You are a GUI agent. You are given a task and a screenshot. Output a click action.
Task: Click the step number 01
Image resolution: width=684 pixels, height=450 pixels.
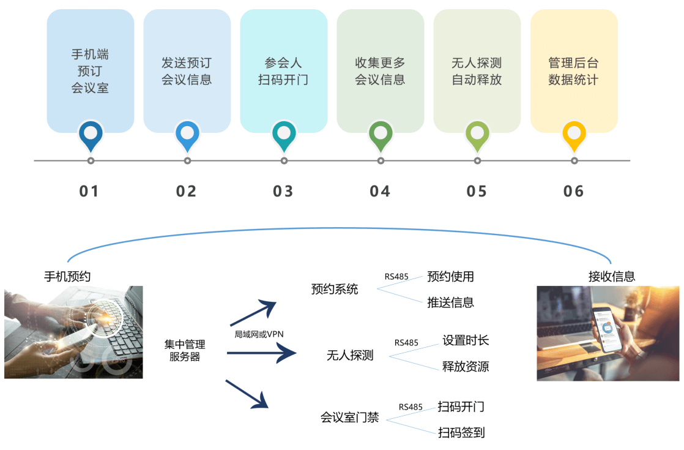[x=89, y=192]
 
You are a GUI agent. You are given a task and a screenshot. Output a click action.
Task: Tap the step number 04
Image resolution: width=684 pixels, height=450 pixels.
[x=380, y=192]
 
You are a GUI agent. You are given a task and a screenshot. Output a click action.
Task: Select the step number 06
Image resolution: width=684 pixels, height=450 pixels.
[x=574, y=192]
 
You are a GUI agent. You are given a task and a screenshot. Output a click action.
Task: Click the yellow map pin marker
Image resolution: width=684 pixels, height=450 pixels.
[x=574, y=135]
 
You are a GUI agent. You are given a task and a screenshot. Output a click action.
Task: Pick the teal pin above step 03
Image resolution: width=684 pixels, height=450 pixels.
[x=284, y=135]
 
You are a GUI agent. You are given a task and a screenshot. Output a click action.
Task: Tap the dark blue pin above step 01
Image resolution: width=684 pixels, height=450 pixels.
[x=91, y=135]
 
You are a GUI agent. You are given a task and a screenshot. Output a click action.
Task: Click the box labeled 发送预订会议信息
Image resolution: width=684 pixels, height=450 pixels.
[x=187, y=71]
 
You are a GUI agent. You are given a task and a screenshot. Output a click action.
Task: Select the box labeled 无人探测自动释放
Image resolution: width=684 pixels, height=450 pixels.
[x=477, y=71]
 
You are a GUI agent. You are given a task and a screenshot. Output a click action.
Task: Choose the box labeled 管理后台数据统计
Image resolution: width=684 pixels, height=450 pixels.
[x=573, y=71]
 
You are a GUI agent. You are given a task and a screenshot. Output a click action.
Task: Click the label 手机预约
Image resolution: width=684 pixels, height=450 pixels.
[x=67, y=276]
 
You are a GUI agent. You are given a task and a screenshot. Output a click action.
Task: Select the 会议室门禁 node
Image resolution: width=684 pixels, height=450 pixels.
[x=349, y=418]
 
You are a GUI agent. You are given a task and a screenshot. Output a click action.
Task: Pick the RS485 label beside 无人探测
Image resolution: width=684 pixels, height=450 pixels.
[x=406, y=343]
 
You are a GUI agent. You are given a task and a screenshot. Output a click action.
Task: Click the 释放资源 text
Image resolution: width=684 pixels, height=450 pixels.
[x=466, y=367]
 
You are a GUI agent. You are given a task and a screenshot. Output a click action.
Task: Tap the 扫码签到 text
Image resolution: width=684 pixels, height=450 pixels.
[x=461, y=433]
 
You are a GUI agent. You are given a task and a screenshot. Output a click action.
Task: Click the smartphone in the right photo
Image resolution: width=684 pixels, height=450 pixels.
[x=609, y=331]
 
